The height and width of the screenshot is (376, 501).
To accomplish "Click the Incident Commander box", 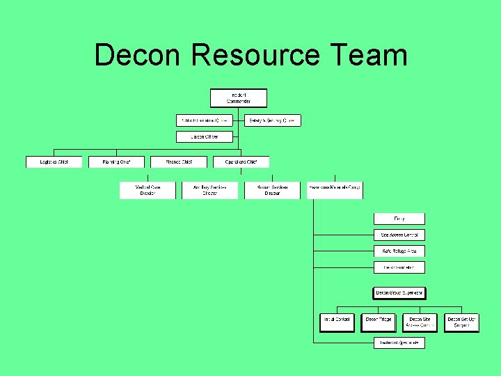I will pos(239,97).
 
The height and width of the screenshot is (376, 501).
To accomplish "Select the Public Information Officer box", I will pos(204,120).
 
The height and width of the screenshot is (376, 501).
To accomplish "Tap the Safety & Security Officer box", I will pos(273,120).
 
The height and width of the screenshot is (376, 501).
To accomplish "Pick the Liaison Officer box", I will pos(204,137).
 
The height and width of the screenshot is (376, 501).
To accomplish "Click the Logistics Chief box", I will pos(54,162).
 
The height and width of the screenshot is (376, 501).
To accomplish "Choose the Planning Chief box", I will pos(116,162).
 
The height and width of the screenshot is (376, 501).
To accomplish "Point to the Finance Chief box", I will pos(179,162).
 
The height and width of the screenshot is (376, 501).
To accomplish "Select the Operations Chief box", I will pos(241,162).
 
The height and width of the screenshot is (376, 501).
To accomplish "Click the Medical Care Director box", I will pos(148,190).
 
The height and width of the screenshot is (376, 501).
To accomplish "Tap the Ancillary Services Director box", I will pos(210,190).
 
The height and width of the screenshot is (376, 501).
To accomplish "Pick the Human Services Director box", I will pos(272,190).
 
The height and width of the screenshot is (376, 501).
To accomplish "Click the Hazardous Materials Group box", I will pos(335,190).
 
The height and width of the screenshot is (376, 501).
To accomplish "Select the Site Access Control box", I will pos(399,235).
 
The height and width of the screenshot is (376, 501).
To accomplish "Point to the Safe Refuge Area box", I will pos(399,251).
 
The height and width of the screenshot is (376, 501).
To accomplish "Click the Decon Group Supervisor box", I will pos(399,293).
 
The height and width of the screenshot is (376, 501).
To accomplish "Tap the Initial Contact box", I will pos(337,322).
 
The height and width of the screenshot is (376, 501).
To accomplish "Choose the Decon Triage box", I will pos(379,322).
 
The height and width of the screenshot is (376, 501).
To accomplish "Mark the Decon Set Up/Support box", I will pos(462,322).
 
